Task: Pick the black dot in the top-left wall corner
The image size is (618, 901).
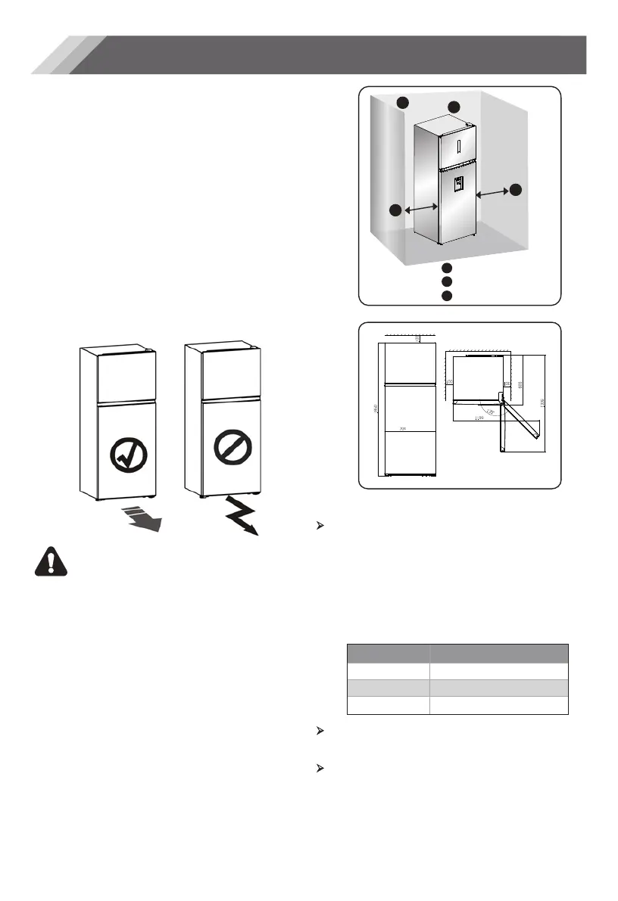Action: (404, 102)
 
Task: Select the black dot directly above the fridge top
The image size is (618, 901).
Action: (454, 107)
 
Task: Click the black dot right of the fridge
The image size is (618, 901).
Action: (516, 191)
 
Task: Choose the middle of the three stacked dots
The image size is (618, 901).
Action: (447, 281)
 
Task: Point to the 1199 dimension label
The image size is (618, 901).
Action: (478, 417)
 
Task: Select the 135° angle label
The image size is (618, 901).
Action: (492, 412)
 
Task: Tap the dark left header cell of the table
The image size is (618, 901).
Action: (387, 654)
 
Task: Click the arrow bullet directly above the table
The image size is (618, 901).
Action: (319, 524)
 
